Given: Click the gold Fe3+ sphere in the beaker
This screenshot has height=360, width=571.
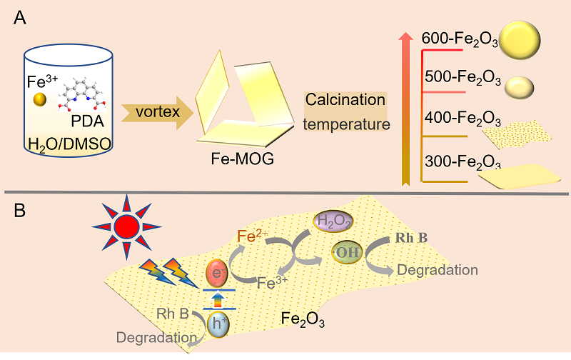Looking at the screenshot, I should [x=41, y=100].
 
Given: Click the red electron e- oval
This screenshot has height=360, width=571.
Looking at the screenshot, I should [x=216, y=273].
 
